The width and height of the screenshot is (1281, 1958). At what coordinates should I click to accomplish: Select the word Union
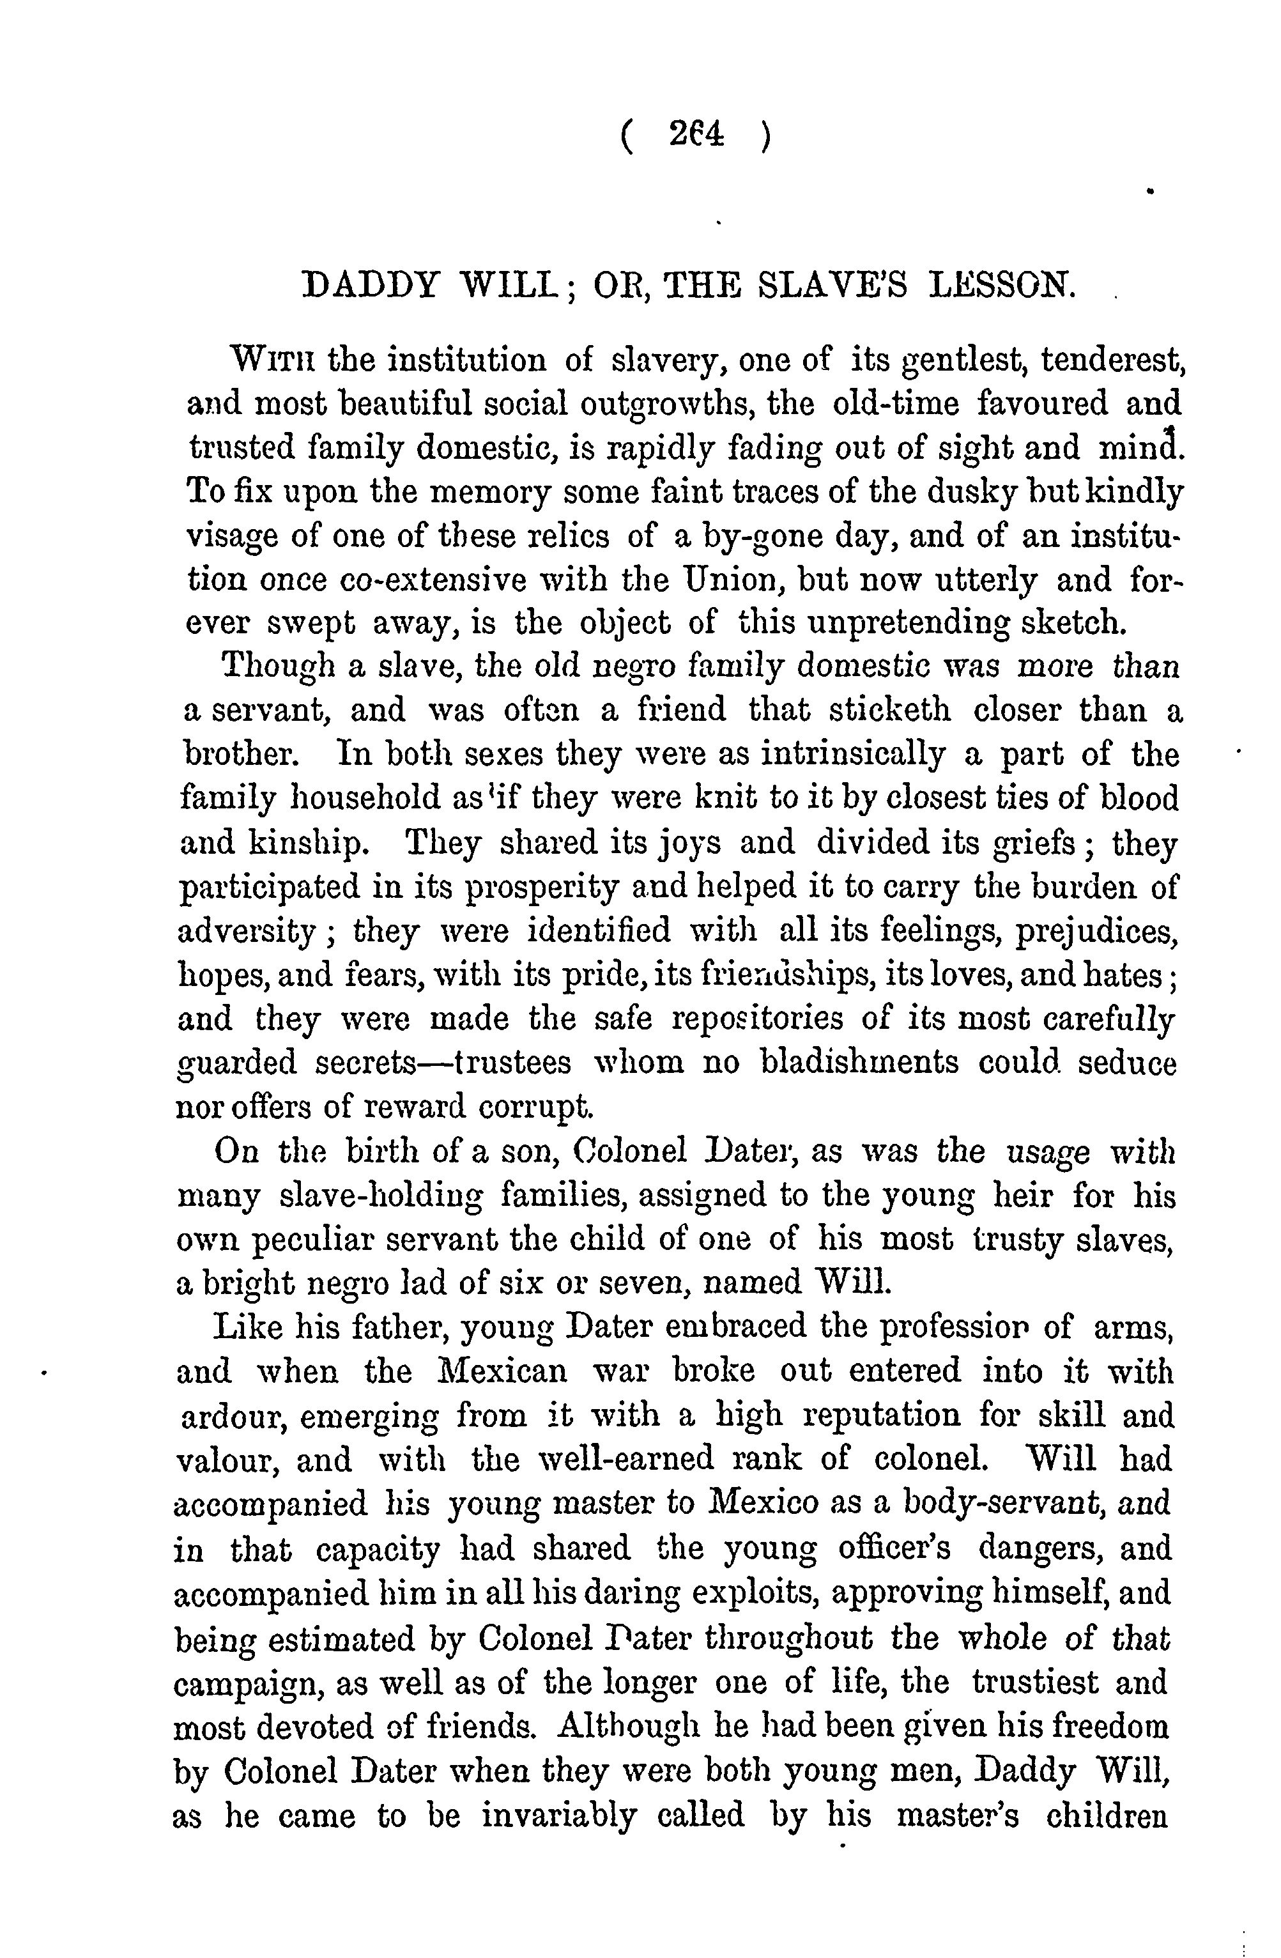737,580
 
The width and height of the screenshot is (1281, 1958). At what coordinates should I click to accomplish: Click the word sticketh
889,710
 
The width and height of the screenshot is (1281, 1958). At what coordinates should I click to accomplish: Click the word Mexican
503,1371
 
